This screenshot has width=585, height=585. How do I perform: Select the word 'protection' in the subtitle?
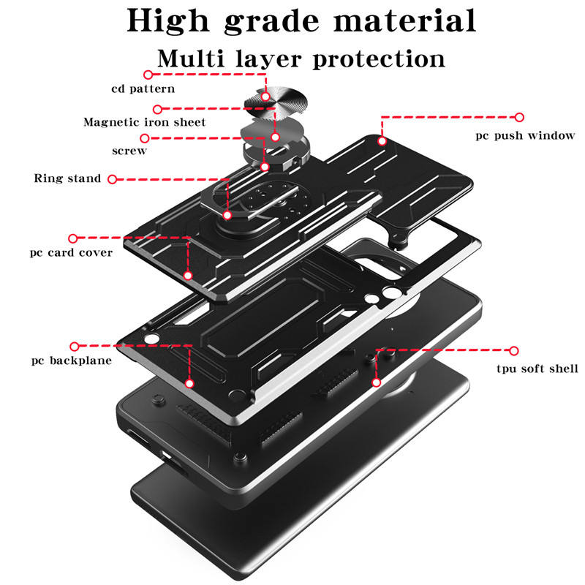coord(379,58)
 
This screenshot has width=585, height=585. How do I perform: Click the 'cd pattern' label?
coord(143,89)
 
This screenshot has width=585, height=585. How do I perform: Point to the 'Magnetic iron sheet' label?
coord(145,122)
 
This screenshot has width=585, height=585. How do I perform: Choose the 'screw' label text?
coord(129,151)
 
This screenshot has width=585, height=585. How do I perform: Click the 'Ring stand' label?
coord(68,178)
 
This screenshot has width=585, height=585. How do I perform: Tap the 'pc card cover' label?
coord(72,253)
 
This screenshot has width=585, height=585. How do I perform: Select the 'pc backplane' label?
coord(72,361)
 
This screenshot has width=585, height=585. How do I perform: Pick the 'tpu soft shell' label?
coord(537,369)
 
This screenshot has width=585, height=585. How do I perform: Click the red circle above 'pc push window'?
coord(520,117)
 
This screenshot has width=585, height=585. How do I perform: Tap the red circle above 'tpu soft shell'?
coord(514,351)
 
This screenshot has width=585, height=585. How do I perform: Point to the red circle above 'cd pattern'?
coord(148,75)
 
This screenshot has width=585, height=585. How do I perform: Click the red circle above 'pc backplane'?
coord(73,345)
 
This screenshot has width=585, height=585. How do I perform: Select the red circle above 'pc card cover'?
coord(73,238)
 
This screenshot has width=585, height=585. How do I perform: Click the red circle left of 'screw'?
coord(145,137)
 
